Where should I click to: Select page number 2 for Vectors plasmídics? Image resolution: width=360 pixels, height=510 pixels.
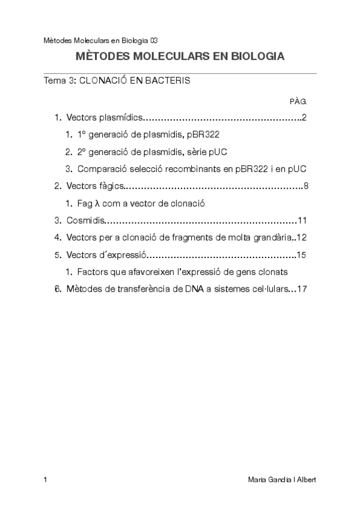click(305, 117)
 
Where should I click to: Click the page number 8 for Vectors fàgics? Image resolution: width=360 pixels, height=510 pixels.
click(306, 186)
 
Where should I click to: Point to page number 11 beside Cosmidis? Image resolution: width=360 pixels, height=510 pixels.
click(302, 220)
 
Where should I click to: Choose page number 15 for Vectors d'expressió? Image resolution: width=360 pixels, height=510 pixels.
click(302, 254)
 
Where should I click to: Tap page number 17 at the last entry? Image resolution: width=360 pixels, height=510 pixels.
click(302, 289)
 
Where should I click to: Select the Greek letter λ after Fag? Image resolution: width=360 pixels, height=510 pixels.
click(96, 203)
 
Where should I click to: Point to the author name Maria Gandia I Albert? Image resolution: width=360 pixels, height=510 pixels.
click(282, 479)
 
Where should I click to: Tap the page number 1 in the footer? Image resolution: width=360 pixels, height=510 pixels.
click(46, 479)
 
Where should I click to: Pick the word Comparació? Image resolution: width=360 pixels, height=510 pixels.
click(102, 169)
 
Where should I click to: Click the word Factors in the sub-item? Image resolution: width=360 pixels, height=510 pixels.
click(91, 272)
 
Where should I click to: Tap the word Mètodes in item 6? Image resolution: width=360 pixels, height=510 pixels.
click(84, 289)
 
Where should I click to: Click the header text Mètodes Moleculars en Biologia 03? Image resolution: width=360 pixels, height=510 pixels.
click(100, 40)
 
